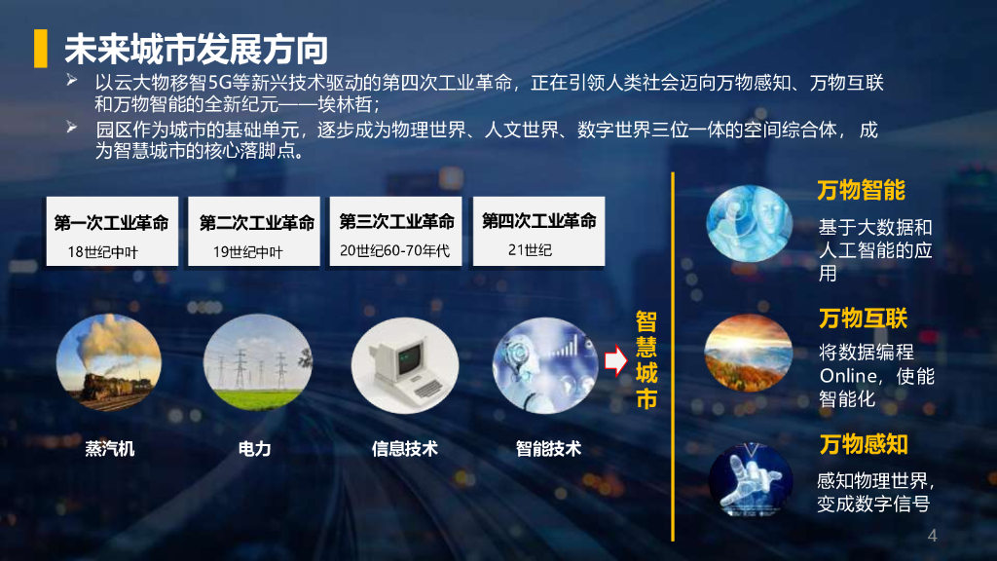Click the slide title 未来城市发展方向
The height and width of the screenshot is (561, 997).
click(196, 48)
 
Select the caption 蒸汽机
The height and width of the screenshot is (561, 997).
click(110, 449)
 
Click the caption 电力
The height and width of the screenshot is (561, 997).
click(254, 449)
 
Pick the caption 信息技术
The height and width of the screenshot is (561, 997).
click(404, 449)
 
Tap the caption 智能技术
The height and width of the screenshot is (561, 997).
click(548, 449)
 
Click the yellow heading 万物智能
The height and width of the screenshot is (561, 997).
click(861, 189)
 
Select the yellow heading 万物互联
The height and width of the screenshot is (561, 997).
click(863, 318)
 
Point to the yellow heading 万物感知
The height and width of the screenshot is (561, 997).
click(863, 444)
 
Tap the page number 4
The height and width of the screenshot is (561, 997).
click(932, 536)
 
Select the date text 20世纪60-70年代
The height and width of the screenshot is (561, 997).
click(394, 250)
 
